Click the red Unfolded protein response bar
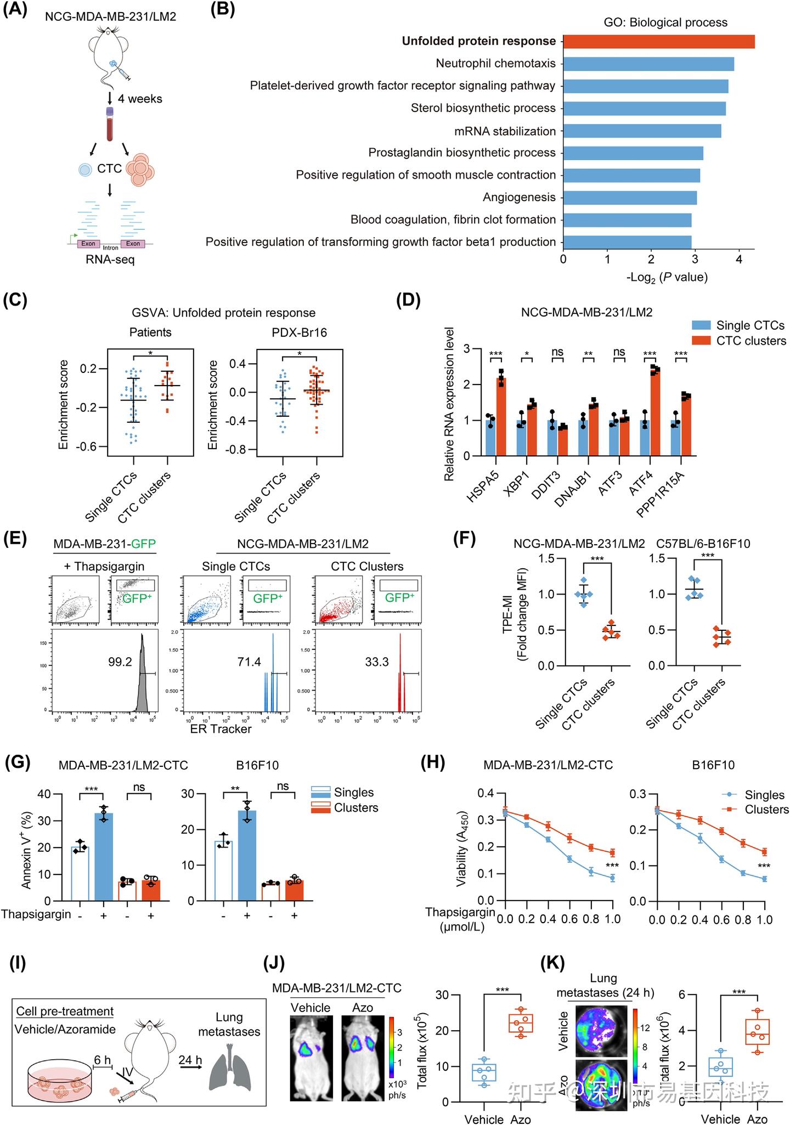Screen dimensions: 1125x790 point(658,42)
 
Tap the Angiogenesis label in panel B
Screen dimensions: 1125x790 point(519,197)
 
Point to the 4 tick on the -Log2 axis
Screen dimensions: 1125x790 point(738,259)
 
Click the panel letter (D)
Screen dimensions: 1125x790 point(408,301)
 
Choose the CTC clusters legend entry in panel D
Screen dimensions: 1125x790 point(751,341)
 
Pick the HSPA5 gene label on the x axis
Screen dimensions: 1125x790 point(483,487)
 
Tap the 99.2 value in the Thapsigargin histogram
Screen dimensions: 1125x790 point(120,662)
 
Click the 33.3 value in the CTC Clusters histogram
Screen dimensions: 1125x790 point(377,662)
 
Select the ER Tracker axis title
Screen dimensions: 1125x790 point(221,729)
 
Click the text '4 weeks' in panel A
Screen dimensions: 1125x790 point(140,99)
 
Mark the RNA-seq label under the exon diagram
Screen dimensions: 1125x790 point(110,259)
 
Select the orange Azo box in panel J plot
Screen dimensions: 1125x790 point(521,1023)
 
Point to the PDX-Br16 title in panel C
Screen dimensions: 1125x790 point(300,332)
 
